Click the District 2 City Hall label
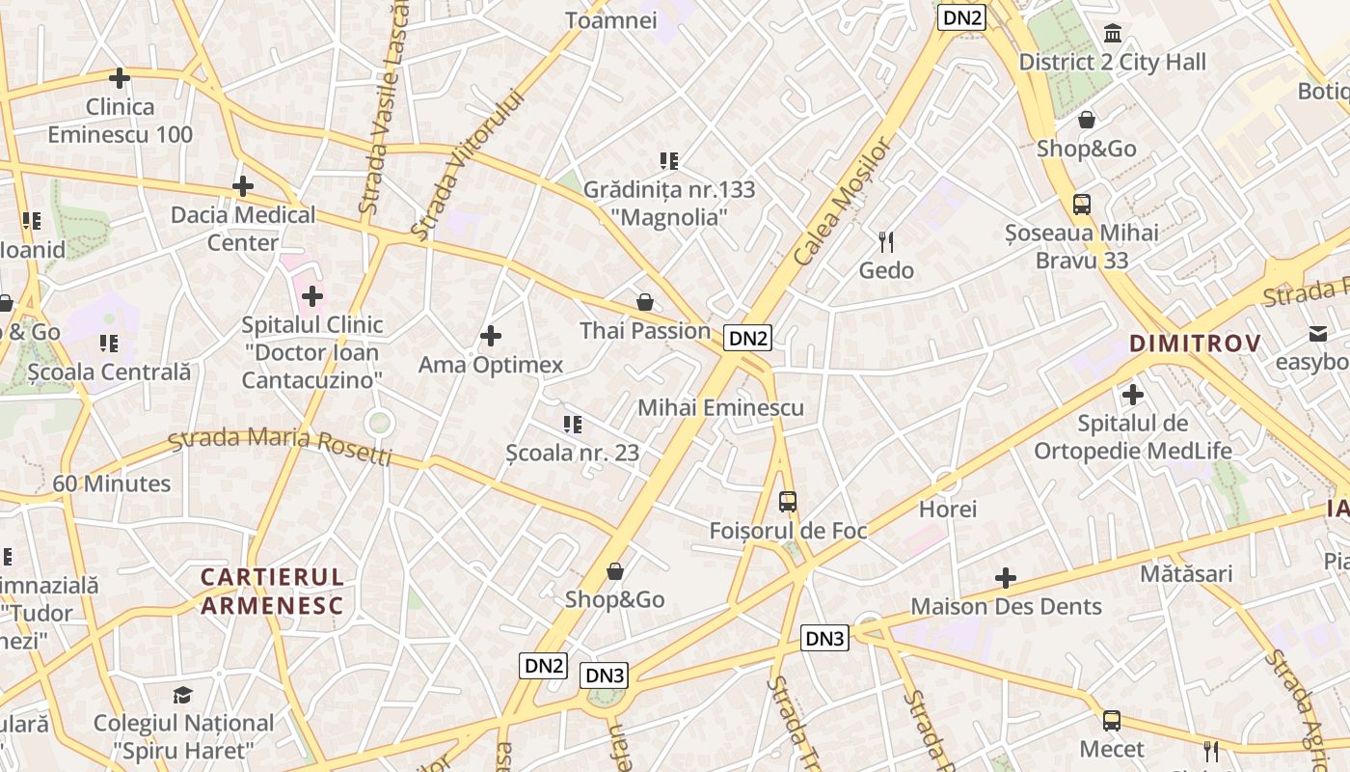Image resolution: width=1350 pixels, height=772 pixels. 1112,63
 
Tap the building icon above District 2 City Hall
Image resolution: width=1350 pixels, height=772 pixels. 1113,35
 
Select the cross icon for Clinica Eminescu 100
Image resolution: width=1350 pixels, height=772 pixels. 120,78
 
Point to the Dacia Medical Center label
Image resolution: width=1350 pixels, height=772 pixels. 243,229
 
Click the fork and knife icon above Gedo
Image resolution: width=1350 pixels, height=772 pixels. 886,241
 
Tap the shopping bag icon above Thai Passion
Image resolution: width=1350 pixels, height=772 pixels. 644,303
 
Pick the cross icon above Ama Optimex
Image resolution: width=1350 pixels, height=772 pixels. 491,336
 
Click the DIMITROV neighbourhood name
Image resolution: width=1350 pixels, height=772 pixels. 1195,344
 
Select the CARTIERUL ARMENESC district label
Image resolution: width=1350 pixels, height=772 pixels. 272,592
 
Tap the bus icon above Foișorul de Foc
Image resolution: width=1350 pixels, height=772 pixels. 788,502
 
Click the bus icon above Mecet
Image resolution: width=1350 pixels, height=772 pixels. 1112,721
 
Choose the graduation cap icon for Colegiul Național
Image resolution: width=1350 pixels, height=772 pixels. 182,695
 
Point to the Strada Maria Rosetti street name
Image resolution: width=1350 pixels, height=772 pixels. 280,445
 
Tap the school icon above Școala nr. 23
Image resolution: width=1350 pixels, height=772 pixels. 573,424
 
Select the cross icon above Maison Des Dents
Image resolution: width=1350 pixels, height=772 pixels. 1006,578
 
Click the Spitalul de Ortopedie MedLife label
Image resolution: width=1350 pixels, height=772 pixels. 1133,437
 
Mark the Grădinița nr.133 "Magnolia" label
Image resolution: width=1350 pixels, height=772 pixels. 669,204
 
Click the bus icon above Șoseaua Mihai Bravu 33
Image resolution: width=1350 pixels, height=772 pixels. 1081,205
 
